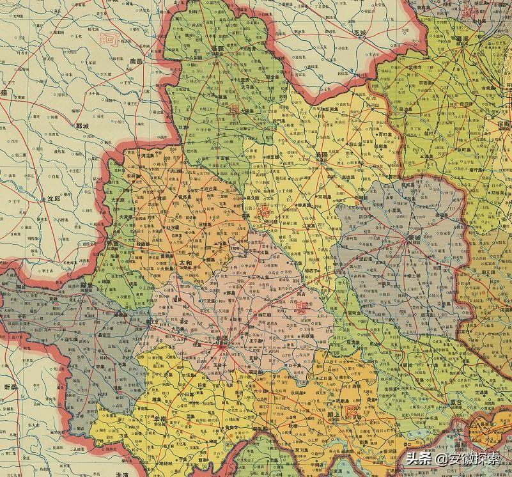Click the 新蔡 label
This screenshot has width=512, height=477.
tap(12, 387)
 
